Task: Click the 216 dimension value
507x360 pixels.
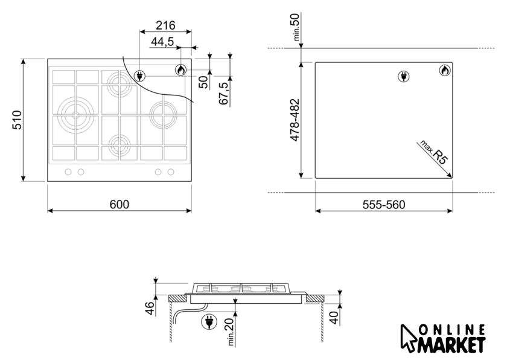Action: [165, 25]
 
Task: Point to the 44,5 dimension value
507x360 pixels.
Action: [162, 42]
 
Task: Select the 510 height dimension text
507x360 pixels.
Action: [17, 120]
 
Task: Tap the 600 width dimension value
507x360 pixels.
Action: [120, 204]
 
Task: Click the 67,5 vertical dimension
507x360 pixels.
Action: [224, 93]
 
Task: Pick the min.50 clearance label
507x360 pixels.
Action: [296, 27]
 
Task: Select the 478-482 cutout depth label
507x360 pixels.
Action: [295, 120]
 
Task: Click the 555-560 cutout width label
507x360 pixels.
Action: [384, 205]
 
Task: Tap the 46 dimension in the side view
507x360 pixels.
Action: [150, 308]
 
